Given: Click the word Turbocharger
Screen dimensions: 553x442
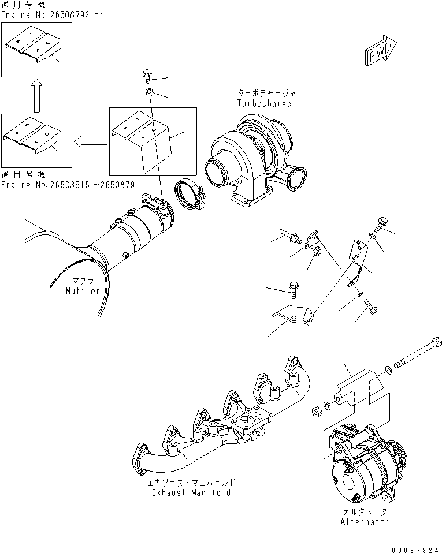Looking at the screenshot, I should pyautogui.click(x=266, y=103).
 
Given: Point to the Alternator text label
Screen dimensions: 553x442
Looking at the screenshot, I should pyautogui.click(x=364, y=522).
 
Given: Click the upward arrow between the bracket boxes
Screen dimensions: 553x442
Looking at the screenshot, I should pyautogui.click(x=36, y=96).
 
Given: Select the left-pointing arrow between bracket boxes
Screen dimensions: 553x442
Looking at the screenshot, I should pyautogui.click(x=91, y=140).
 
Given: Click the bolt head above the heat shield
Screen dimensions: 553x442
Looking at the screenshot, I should pyautogui.click(x=146, y=74).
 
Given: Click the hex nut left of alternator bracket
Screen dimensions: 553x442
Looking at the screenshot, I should pyautogui.click(x=317, y=412).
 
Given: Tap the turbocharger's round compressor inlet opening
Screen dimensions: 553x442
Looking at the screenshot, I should pyautogui.click(x=217, y=172).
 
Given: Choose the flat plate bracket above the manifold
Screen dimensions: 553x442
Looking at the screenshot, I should pyautogui.click(x=294, y=315).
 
